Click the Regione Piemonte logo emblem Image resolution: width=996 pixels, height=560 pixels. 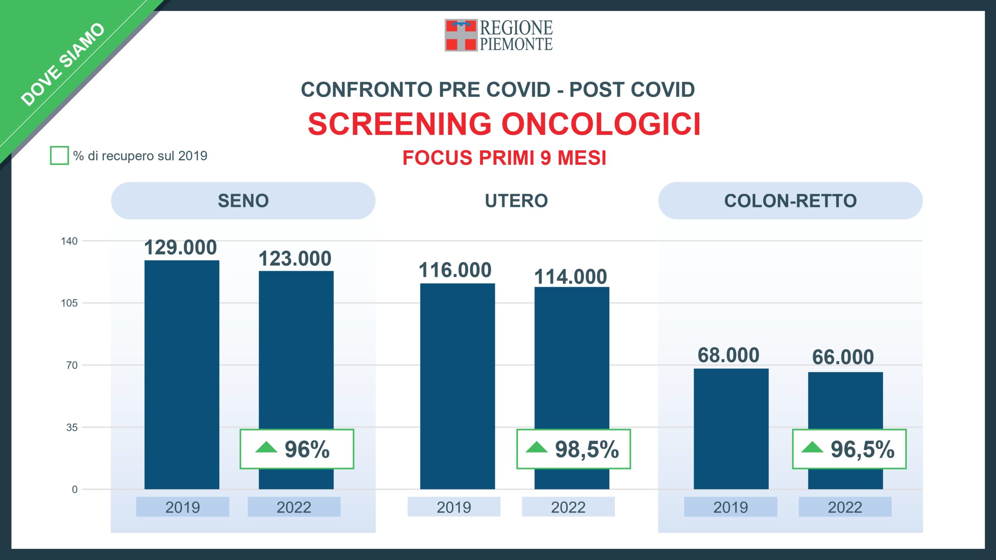(461, 35)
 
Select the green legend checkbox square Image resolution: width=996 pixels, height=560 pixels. (59, 156)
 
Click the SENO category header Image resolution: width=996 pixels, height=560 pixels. (243, 201)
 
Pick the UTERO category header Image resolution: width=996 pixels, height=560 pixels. (516, 201)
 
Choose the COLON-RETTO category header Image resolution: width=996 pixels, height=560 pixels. (790, 201)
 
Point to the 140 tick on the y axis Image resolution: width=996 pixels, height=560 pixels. (69, 241)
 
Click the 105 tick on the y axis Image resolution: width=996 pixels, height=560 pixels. (69, 303)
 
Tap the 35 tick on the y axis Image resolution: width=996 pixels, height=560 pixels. (72, 427)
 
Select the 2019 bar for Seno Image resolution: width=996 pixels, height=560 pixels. (182, 373)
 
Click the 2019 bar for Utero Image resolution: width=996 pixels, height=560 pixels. (457, 385)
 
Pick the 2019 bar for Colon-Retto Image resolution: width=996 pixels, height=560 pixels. (731, 428)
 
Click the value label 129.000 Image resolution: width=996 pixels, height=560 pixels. (181, 247)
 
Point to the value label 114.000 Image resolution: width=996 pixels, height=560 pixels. (570, 277)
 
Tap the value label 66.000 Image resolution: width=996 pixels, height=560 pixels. (843, 357)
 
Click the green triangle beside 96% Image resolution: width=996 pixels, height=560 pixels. (266, 448)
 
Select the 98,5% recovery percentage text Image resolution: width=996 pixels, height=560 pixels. (587, 450)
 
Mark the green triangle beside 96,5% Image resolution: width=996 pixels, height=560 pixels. (812, 448)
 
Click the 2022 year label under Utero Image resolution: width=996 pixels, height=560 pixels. (568, 507)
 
